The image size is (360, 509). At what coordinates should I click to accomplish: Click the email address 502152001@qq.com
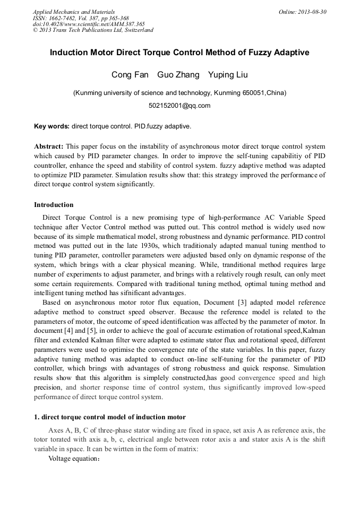(x=179, y=105)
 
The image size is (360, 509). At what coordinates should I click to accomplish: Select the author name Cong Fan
(x=130, y=74)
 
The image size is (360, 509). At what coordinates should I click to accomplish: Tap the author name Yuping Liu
(x=228, y=74)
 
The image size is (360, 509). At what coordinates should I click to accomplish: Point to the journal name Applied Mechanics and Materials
(x=74, y=12)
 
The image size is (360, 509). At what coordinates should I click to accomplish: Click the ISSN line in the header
(x=81, y=18)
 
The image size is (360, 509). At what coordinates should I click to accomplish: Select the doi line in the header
(x=89, y=24)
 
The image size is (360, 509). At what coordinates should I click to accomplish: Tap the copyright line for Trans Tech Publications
(x=93, y=30)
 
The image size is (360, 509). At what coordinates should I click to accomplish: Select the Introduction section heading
(x=54, y=205)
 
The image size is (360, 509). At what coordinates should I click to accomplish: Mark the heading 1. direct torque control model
(x=110, y=417)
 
